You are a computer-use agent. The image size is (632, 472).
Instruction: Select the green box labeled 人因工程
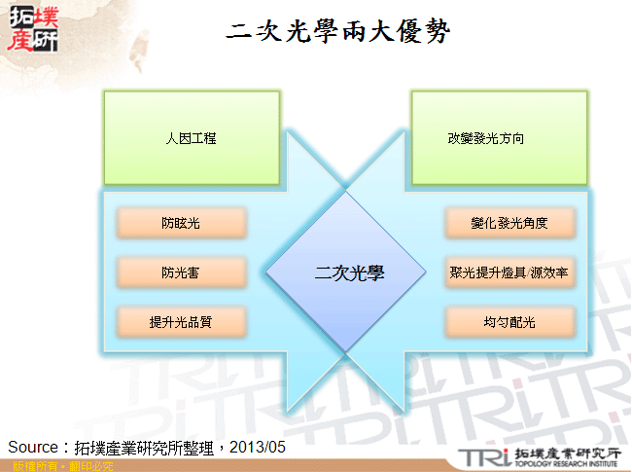tap(191, 138)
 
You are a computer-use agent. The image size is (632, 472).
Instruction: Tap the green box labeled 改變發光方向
tap(499, 138)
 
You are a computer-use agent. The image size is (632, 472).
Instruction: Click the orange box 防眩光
tap(181, 223)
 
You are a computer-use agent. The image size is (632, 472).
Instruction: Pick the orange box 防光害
tap(181, 272)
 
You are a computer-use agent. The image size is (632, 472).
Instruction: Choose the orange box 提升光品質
tap(181, 322)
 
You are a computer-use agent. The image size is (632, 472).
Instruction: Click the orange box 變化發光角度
tap(509, 223)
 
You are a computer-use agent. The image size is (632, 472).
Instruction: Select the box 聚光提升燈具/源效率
tap(509, 272)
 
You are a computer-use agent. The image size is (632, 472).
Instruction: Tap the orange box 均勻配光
tap(509, 322)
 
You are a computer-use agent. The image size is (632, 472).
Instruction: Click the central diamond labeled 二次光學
tap(349, 272)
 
